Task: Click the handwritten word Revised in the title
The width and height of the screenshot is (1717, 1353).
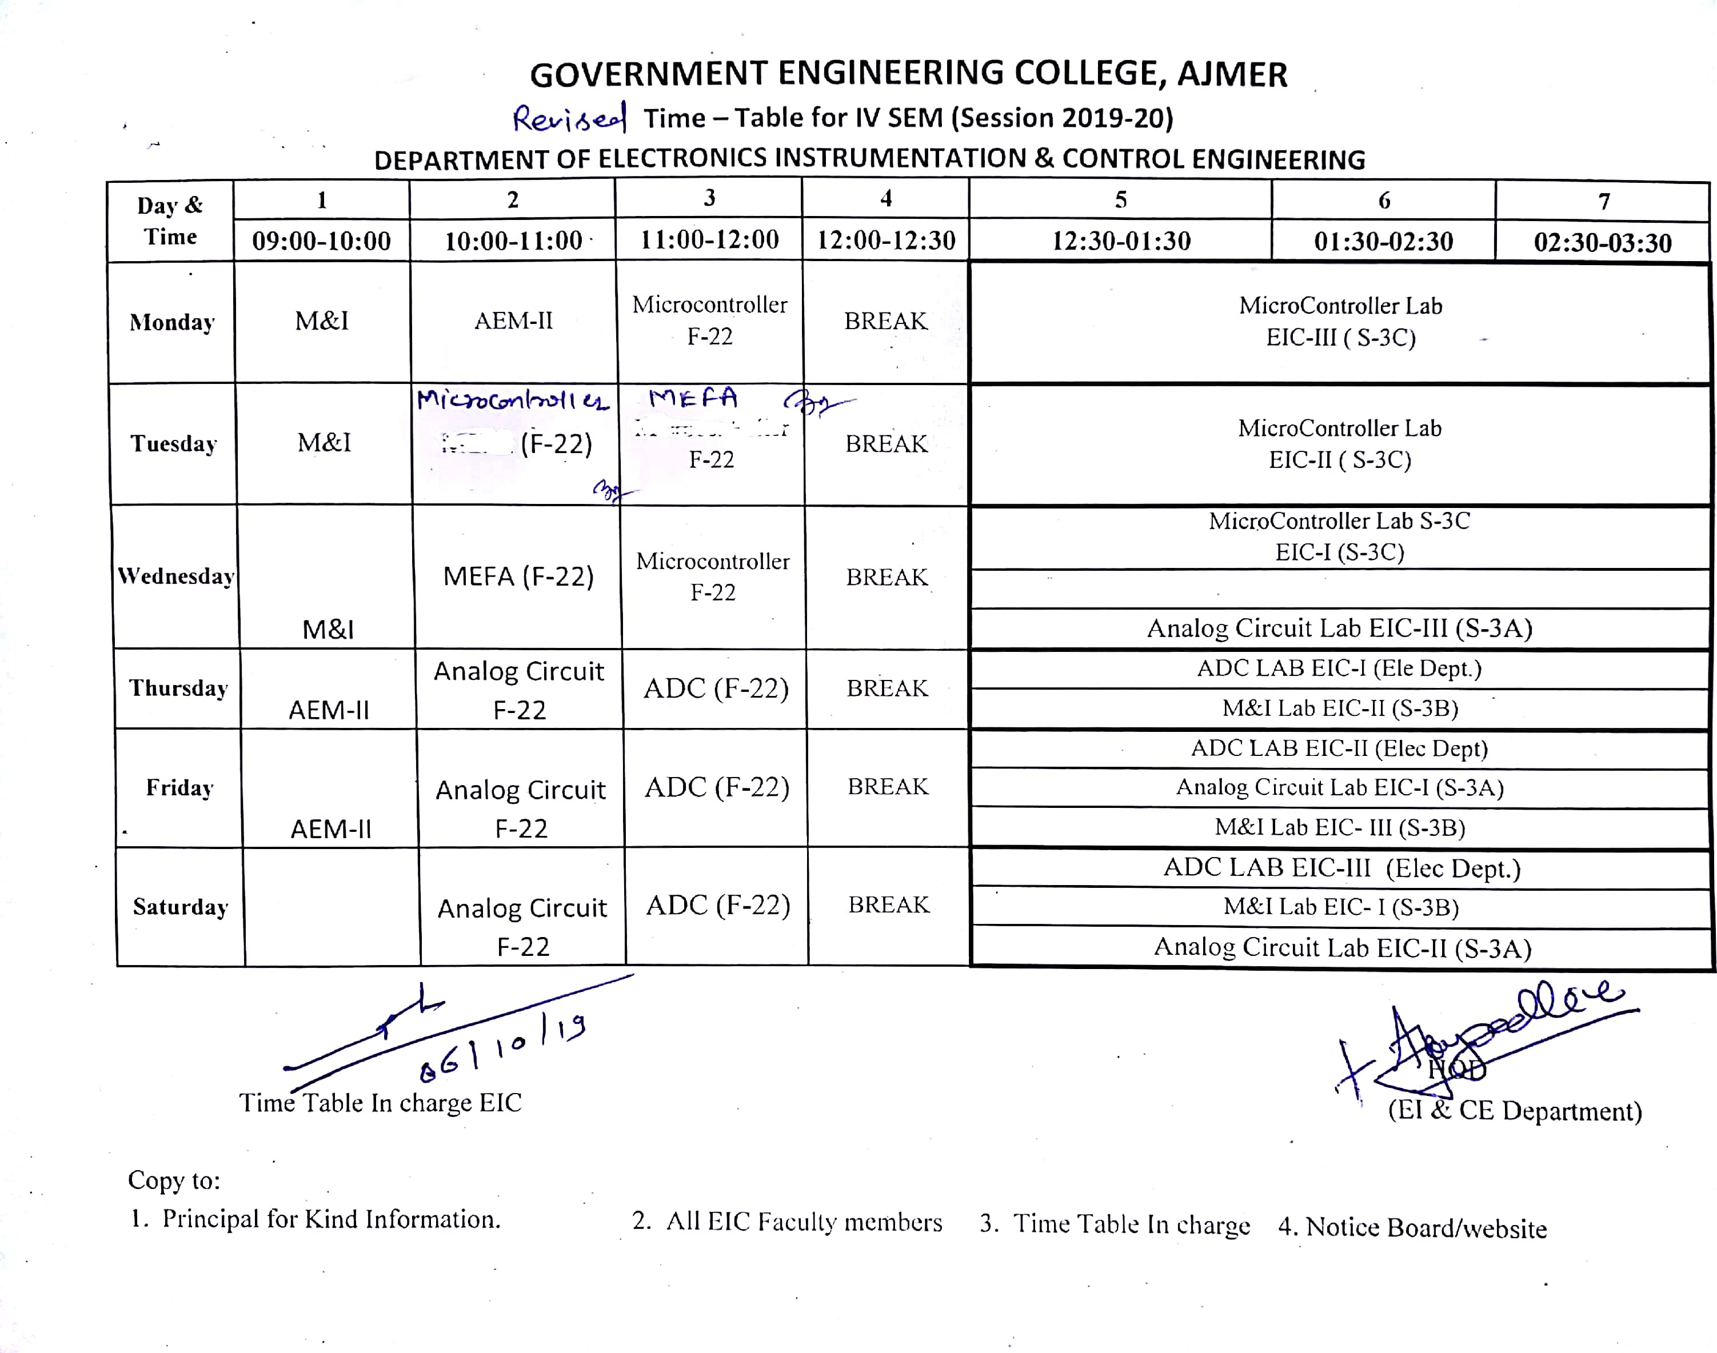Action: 569,119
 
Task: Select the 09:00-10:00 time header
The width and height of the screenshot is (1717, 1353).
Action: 321,241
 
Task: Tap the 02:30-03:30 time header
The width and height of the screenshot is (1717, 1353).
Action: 1602,242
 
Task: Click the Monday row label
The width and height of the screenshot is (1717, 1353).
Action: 172,322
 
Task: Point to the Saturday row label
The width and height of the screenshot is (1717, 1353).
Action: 181,906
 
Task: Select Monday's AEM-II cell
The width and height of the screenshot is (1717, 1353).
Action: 513,321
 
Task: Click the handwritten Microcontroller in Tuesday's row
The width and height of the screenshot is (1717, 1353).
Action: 513,399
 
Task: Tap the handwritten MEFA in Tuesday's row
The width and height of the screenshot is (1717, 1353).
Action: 693,398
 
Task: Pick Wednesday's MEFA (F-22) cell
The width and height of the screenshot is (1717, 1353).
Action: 518,576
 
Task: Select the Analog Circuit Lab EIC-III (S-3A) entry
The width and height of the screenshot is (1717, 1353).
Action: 1339,628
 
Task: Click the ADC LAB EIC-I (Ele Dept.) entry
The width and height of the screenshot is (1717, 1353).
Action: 1339,668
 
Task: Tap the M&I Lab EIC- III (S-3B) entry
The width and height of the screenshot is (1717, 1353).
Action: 1339,827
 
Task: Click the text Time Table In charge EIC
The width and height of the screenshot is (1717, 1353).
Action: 380,1103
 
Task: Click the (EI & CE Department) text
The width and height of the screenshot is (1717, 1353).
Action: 1514,1111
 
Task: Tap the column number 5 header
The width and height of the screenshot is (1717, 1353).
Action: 1120,199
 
